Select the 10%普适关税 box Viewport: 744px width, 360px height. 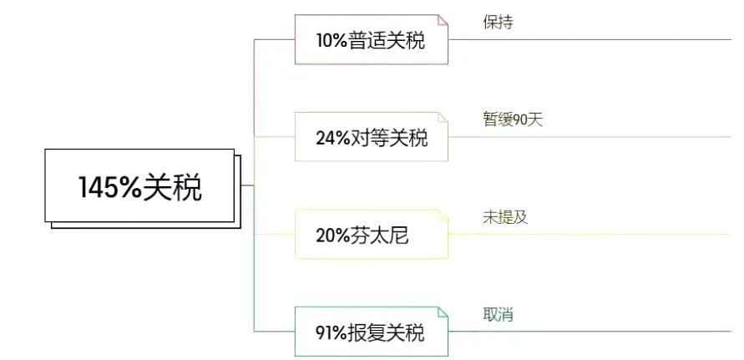(371, 39)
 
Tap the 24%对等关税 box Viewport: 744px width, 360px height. (371, 137)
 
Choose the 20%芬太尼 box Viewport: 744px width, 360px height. (371, 234)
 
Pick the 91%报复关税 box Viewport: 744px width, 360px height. (371, 332)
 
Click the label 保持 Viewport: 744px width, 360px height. (498, 22)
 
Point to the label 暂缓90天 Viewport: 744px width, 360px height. (513, 119)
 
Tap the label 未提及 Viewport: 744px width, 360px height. (505, 217)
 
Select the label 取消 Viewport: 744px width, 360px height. (498, 314)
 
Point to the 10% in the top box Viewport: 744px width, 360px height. (332, 41)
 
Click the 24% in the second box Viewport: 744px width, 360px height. (332, 138)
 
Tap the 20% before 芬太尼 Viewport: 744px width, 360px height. (332, 236)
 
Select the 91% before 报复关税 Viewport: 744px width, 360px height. (332, 333)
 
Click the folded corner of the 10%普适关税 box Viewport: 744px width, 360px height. (443, 20)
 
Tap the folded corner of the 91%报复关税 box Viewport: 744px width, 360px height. (443, 312)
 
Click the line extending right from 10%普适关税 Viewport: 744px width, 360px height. (590, 39)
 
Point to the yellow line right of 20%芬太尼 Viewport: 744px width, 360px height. (590, 234)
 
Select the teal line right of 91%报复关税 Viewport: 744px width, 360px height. (590, 332)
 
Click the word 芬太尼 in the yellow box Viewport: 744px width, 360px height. (380, 236)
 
